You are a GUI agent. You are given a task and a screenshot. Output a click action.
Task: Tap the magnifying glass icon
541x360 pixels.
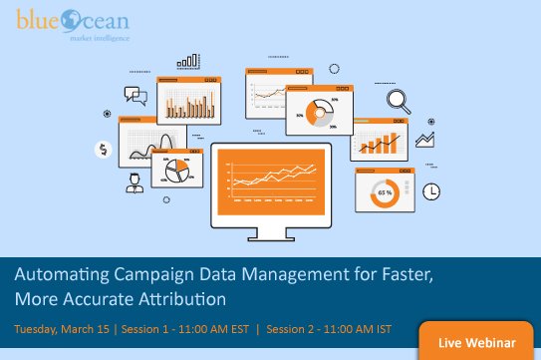(401, 100)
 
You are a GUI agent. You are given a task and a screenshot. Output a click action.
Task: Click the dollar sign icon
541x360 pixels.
(104, 150)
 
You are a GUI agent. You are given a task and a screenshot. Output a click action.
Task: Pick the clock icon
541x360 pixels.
(431, 190)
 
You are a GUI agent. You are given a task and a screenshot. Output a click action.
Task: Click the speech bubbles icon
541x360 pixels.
(135, 96)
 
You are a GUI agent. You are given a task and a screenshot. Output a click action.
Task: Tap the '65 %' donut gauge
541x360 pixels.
(385, 190)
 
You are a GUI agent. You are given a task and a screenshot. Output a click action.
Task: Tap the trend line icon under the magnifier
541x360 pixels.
(425, 139)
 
